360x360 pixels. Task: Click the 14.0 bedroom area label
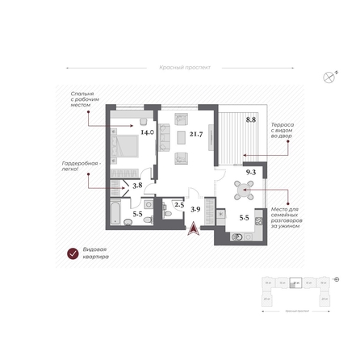tap(147, 132)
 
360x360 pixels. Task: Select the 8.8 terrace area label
tap(250, 120)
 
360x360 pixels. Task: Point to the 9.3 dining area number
tap(250, 173)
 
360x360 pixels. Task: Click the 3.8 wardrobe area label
tap(137, 186)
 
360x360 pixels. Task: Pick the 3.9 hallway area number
tap(195, 208)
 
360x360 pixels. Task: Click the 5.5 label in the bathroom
tap(137, 215)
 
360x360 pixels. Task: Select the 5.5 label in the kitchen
tap(244, 218)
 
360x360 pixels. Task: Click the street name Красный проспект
tap(185, 69)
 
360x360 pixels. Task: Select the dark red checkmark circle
tap(71, 255)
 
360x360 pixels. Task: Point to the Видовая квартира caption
tap(95, 255)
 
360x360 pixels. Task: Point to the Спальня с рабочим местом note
tap(82, 98)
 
